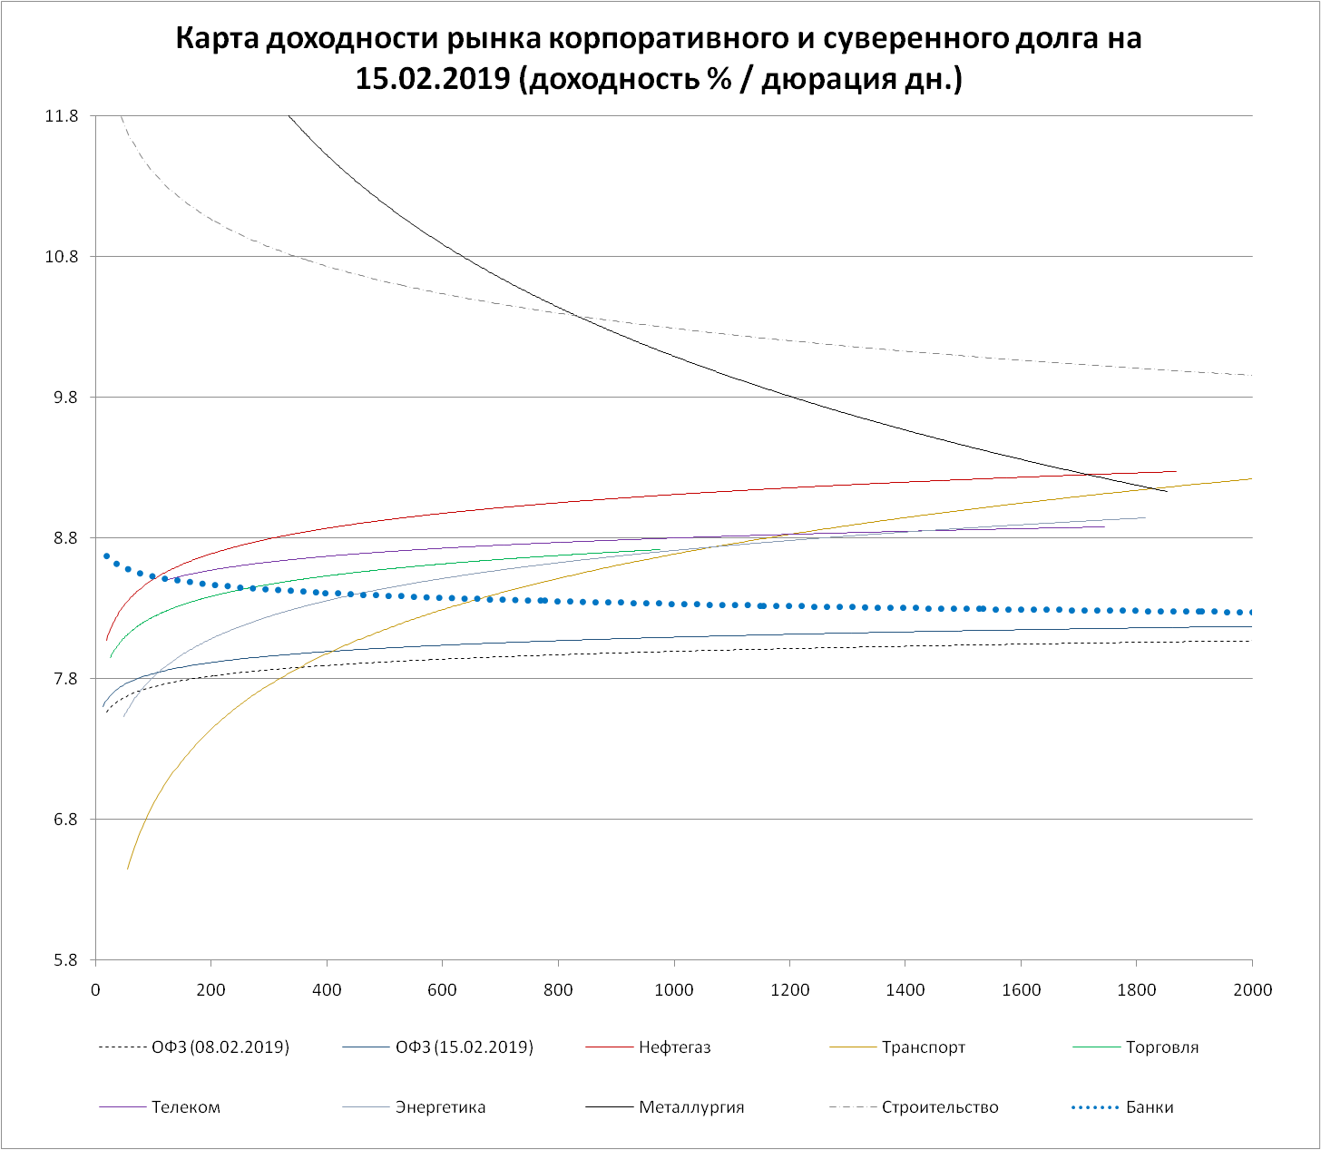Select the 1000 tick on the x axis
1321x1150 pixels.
coord(674,990)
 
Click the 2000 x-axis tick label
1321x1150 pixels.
coord(1252,990)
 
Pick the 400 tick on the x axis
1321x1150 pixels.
coord(327,990)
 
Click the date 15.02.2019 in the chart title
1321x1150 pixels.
coord(432,80)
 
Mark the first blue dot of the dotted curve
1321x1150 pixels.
coord(106,555)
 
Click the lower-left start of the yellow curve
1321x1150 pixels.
coord(128,869)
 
